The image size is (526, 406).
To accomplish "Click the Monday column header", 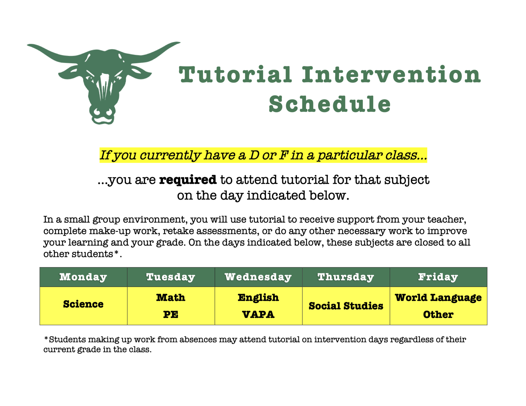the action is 83,277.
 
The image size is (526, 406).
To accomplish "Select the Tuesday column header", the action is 171,277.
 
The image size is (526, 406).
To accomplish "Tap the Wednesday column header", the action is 258,277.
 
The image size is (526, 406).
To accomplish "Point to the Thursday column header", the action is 346,277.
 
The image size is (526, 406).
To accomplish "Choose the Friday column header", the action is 438,277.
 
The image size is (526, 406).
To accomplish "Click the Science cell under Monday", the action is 83,304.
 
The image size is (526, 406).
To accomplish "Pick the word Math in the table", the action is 171,297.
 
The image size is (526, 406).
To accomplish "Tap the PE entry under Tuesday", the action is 171,315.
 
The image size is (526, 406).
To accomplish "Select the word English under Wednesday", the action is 258,298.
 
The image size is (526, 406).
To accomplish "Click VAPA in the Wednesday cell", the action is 258,315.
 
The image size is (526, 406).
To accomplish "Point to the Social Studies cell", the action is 346,306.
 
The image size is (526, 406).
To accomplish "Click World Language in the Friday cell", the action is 438,298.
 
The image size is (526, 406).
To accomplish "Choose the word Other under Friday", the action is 438,315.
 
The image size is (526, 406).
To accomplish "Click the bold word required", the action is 188,180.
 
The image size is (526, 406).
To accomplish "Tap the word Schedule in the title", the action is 330,104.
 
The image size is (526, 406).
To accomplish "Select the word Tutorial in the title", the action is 235,74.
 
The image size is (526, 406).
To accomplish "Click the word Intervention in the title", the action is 391,74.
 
